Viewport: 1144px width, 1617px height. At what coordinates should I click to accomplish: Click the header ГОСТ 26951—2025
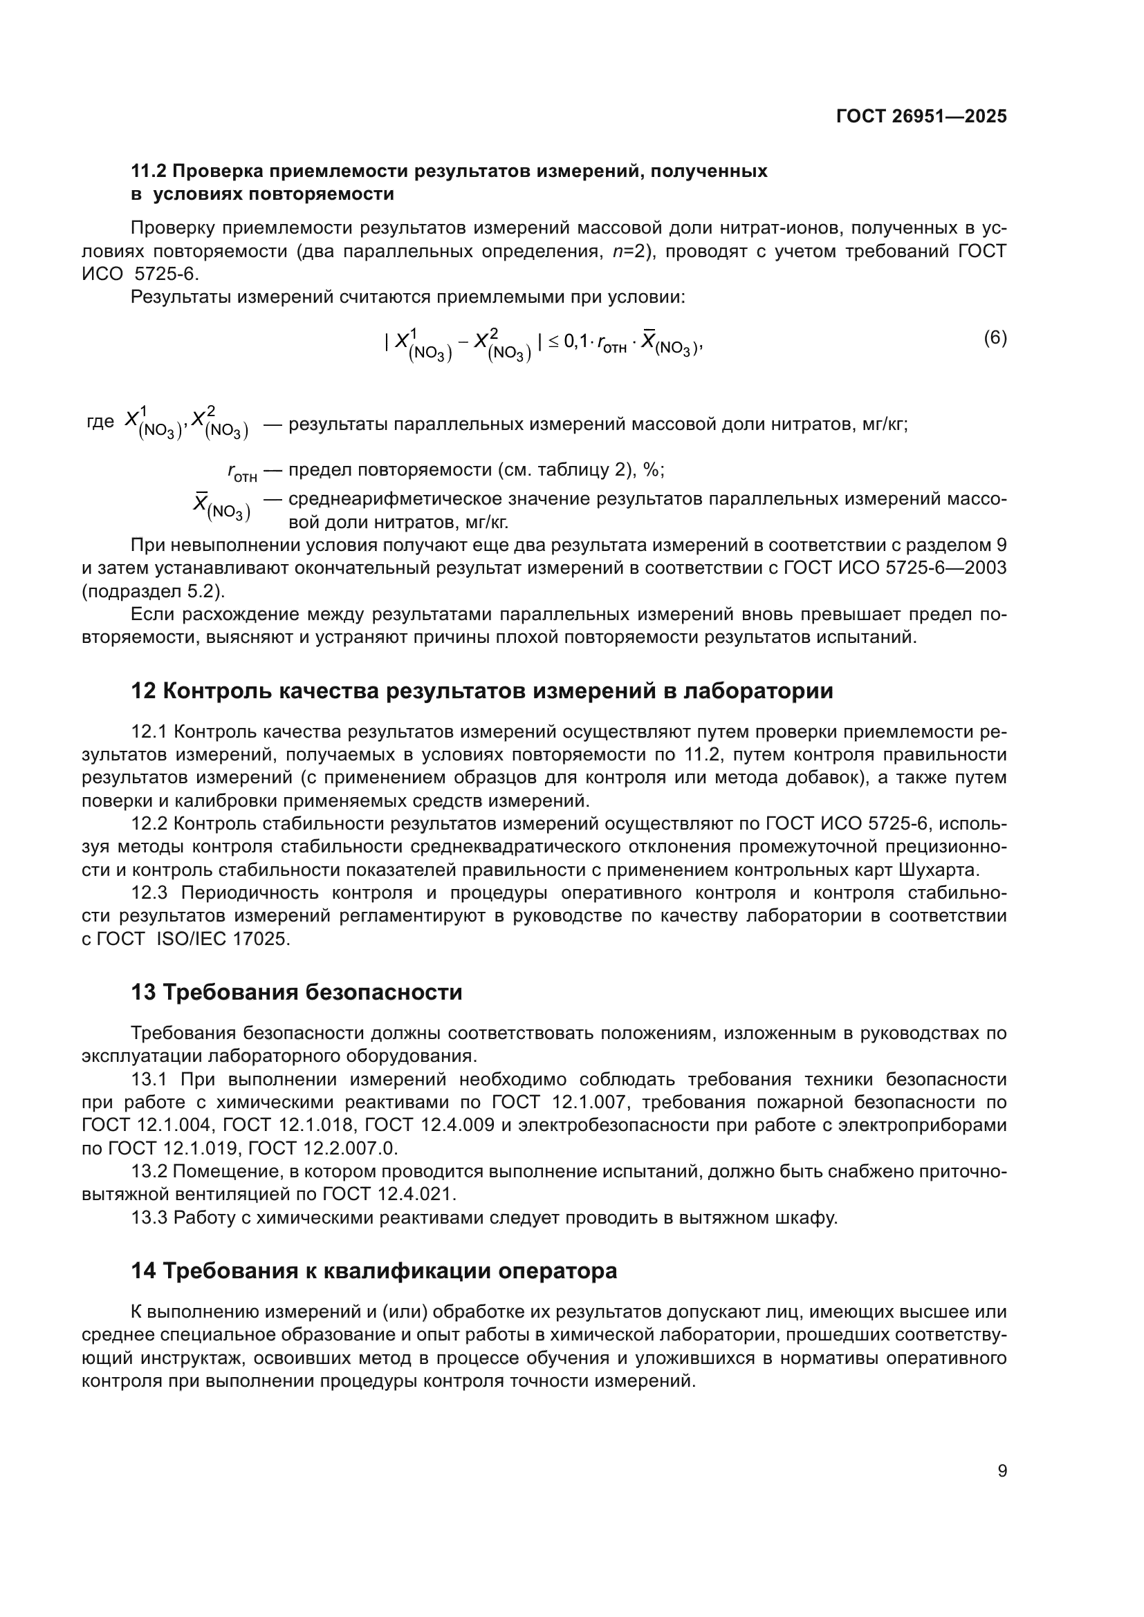click(x=921, y=116)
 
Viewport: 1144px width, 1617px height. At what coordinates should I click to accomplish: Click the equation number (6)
click(x=995, y=337)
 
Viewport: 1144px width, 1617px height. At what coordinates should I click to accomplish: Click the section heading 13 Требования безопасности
click(x=297, y=992)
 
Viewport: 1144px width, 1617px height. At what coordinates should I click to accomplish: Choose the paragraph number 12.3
click(x=149, y=893)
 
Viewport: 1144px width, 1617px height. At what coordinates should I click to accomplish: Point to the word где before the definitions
click(x=100, y=422)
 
